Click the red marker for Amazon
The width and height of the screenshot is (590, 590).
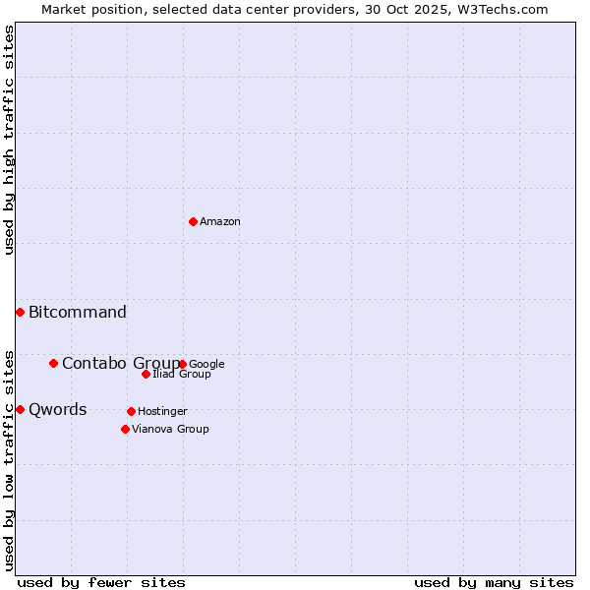[193, 221]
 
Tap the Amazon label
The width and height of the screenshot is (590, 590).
[220, 222]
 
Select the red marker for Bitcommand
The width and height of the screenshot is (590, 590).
[20, 312]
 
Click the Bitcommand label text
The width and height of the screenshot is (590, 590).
[78, 313]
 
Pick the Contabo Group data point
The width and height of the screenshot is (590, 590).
[53, 363]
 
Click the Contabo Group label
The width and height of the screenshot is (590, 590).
[120, 364]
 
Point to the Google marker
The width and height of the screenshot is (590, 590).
[183, 364]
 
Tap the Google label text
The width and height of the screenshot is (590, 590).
[206, 365]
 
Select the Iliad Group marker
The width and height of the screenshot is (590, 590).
[146, 374]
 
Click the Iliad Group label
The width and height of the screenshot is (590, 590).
[182, 375]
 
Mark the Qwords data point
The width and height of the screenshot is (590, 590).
[20, 409]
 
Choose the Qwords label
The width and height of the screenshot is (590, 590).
[58, 410]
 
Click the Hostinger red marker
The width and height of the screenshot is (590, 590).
[131, 411]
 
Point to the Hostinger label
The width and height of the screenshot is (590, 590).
[162, 412]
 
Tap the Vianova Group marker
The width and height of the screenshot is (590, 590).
[125, 429]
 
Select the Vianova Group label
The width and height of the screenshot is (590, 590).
[170, 430]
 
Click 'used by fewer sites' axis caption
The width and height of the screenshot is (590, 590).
[101, 582]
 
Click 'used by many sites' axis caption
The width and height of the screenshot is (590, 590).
[494, 582]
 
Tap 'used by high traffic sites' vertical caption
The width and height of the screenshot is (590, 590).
[9, 140]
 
